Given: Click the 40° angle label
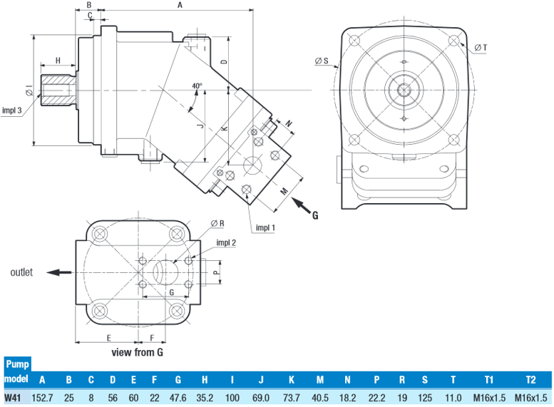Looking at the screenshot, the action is pyautogui.click(x=198, y=86).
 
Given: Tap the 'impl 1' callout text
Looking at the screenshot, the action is pyautogui.click(x=265, y=228).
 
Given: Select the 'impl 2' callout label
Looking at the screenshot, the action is pyautogui.click(x=226, y=243).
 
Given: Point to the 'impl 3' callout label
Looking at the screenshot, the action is pyautogui.click(x=11, y=110).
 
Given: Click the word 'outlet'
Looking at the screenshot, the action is pyautogui.click(x=21, y=272).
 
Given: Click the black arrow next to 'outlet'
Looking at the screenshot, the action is pyautogui.click(x=59, y=272).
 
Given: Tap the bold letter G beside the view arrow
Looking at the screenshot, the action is pyautogui.click(x=315, y=215).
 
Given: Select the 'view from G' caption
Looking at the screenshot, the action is pyautogui.click(x=138, y=352).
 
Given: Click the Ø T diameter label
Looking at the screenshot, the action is pyautogui.click(x=481, y=47).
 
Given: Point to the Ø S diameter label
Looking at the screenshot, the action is pyautogui.click(x=322, y=61).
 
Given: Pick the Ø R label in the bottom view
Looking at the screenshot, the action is pyautogui.click(x=217, y=223).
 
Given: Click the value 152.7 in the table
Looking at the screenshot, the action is pyautogui.click(x=42, y=398).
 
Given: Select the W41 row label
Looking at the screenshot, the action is pyautogui.click(x=12, y=398).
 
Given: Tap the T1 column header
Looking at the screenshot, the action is pyautogui.click(x=489, y=380).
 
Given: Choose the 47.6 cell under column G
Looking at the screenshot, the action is pyautogui.click(x=178, y=398).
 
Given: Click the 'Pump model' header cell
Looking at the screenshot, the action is pyautogui.click(x=17, y=371).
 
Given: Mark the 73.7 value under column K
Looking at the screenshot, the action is pyautogui.click(x=291, y=398).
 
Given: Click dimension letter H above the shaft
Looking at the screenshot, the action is pyautogui.click(x=58, y=61).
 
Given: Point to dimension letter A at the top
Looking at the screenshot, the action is pyautogui.click(x=180, y=5).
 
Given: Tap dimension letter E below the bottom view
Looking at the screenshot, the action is pyautogui.click(x=109, y=338).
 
